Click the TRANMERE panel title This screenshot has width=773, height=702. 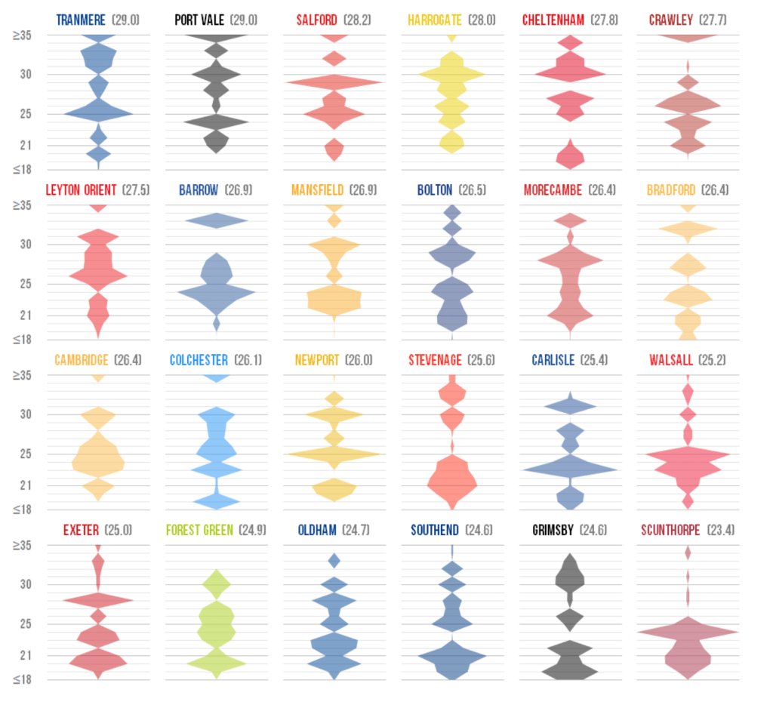tap(81, 20)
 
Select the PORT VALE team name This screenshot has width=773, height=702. tap(199, 20)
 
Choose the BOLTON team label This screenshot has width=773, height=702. tap(435, 190)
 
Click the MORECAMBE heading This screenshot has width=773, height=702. tap(553, 190)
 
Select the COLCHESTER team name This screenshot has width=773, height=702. tap(200, 360)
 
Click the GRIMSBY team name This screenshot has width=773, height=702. tap(552, 530)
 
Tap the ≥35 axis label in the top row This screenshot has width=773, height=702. tap(22, 35)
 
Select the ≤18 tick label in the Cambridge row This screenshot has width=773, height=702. tap(22, 510)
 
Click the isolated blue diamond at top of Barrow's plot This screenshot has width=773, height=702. tap(217, 220)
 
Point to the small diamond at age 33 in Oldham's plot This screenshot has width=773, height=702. tap(334, 561)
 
